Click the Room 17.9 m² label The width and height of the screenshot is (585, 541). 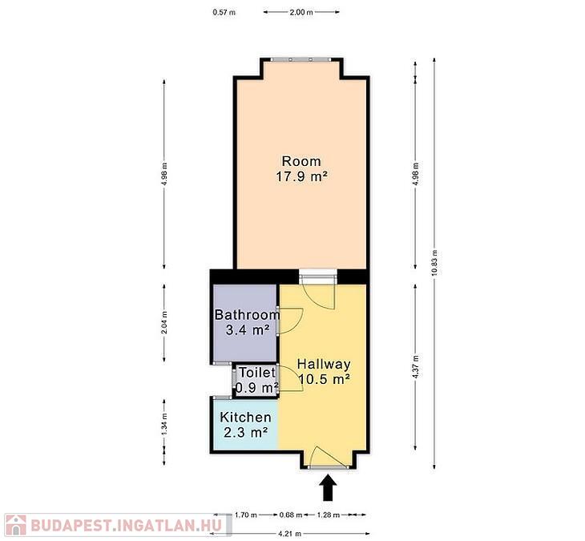301,168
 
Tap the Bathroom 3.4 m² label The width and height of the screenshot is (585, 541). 247,322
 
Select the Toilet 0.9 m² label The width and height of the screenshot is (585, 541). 257,380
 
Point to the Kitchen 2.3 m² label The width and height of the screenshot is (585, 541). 245,425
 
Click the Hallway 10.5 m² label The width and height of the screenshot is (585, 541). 324,371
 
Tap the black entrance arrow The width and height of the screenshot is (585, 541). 329,487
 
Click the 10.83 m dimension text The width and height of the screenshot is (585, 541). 434,263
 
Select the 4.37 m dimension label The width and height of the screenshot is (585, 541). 416,367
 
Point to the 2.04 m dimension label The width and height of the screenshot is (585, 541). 164,322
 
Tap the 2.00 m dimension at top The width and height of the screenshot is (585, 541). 301,12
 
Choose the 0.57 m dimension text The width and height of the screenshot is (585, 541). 224,12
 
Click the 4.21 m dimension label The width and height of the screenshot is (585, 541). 290,534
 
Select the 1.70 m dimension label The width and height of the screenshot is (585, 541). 246,515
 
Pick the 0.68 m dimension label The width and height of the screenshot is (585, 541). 291,515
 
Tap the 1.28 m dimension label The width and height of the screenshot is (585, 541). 329,515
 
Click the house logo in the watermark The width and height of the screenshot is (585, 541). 16,525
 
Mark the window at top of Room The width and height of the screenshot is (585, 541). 301,59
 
